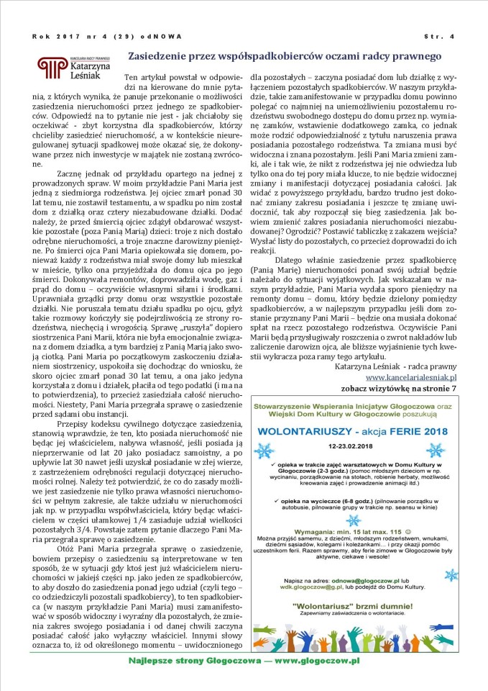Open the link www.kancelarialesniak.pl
[410, 376]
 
